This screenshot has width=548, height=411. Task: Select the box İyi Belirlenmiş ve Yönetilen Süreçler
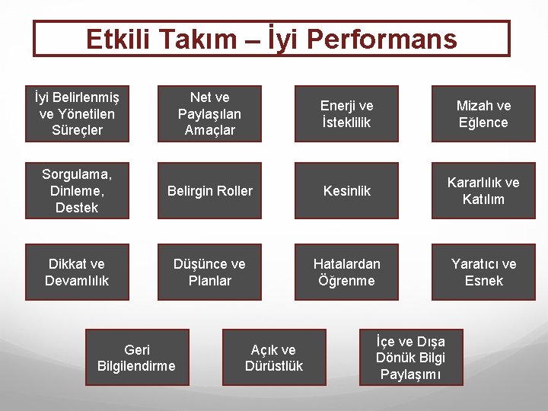tap(77, 113)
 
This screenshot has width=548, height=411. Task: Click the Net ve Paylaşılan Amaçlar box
tap(209, 113)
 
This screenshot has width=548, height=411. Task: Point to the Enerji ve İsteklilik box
tap(346, 113)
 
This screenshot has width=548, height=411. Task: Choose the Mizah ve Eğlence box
tap(483, 113)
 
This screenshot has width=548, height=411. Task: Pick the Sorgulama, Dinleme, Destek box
tap(77, 190)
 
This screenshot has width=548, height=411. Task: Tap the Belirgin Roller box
tap(209, 190)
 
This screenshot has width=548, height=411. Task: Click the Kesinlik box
tap(346, 190)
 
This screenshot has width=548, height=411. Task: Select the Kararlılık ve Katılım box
tap(483, 190)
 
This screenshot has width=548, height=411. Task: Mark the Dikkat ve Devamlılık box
tap(77, 272)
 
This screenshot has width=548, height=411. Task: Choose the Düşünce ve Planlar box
tap(209, 272)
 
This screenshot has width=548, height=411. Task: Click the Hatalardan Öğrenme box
tap(346, 272)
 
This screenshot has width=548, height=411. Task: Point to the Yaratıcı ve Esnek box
tap(483, 272)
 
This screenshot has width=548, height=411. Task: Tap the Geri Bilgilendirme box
tap(136, 357)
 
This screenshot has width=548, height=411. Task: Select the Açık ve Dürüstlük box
tap(274, 357)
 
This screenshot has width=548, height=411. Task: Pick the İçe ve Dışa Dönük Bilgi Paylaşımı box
tap(411, 357)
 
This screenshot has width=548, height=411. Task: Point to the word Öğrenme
tap(346, 281)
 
